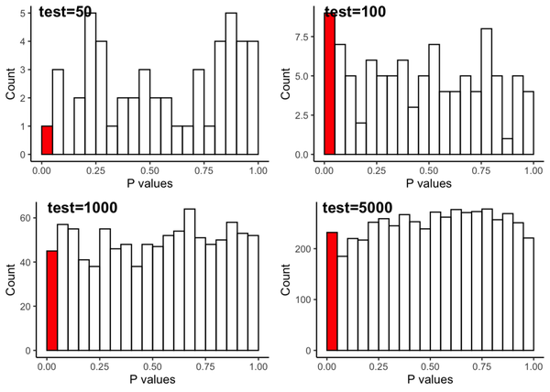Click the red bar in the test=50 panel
click(x=47, y=140)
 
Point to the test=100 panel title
click(x=356, y=12)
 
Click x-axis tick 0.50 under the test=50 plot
click(x=149, y=170)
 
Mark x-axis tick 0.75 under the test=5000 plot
click(x=482, y=365)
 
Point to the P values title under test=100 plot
click(x=430, y=183)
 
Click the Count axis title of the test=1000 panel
click(x=11, y=277)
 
